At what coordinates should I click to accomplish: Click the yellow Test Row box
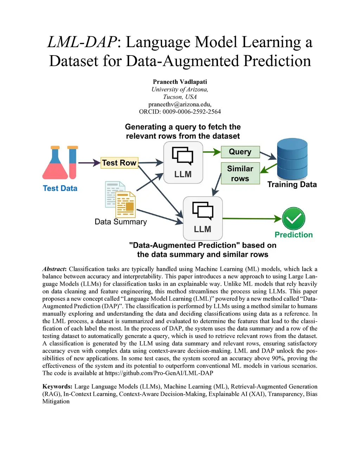120,163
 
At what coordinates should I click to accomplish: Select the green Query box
240,152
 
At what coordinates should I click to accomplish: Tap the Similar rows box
240,173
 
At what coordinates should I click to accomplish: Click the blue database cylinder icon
292,159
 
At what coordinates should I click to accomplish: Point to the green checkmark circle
293,218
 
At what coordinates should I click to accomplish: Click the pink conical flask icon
55,162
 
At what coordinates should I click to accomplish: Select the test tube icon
73,162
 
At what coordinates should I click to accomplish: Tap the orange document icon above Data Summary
126,204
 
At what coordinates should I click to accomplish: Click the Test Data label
60,188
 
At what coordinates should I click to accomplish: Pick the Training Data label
292,184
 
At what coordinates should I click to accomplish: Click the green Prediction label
294,235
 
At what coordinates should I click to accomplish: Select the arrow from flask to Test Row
89,163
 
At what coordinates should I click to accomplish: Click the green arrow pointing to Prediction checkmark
252,218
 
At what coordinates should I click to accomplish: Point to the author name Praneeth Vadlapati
180,82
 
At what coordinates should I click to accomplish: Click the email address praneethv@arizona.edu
180,104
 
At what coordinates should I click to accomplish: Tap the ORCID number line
180,111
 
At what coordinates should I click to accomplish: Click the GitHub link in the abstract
159,373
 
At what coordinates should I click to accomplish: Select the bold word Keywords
57,387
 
